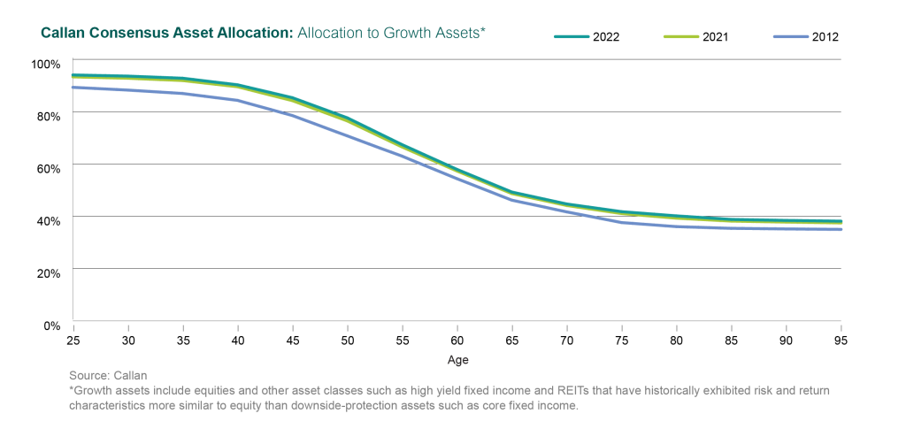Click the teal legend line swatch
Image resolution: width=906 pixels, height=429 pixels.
point(572,37)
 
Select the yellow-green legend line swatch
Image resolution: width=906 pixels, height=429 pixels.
point(681,37)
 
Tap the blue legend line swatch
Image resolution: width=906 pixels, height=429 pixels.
point(792,37)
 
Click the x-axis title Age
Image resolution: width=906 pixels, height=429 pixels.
point(457,360)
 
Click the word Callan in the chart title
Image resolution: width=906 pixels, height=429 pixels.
point(61,33)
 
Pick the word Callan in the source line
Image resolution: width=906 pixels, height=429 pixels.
point(130,375)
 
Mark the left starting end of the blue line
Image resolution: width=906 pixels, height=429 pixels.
point(73,87)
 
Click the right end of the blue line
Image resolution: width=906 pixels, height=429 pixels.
point(841,229)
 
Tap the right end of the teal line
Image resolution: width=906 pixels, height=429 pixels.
point(841,220)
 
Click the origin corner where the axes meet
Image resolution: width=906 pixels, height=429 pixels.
point(72,320)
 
